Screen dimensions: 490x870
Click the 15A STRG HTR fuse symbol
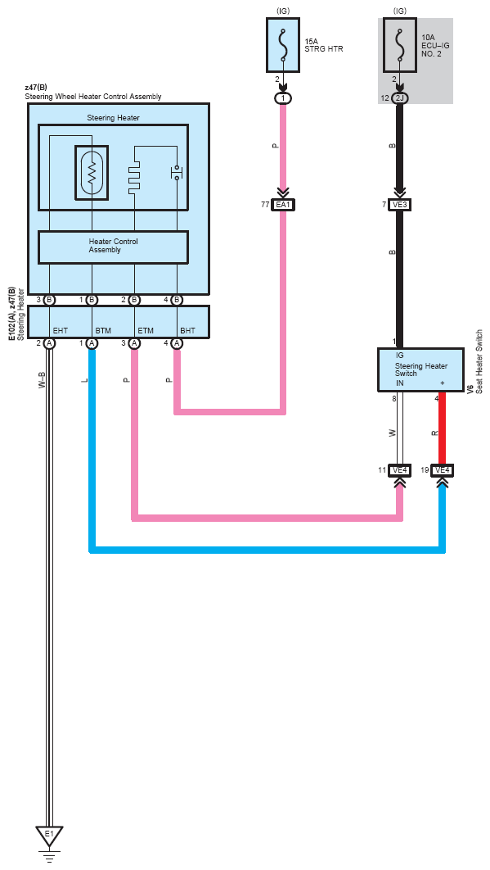tap(283, 45)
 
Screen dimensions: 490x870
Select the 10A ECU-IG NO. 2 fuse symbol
tap(400, 45)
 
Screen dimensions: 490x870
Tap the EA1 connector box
tap(283, 205)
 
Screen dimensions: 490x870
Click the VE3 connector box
tap(400, 205)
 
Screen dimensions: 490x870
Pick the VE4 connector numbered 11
tap(400, 470)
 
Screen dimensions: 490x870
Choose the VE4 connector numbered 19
tap(443, 470)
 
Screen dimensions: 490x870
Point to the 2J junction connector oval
tap(400, 98)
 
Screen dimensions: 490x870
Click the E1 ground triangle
tap(49, 836)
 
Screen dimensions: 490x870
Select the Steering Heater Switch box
tap(420, 370)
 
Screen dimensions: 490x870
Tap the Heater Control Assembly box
tap(113, 247)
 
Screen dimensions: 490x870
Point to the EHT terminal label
tap(60, 331)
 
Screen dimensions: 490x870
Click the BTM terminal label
tap(103, 331)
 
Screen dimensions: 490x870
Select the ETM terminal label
tap(146, 331)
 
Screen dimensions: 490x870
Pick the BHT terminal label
tap(188, 331)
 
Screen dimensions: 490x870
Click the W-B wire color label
tap(42, 380)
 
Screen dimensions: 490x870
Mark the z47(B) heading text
tap(36, 88)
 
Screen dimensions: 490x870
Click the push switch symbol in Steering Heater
tap(176, 172)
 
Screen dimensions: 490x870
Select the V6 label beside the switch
tap(470, 389)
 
